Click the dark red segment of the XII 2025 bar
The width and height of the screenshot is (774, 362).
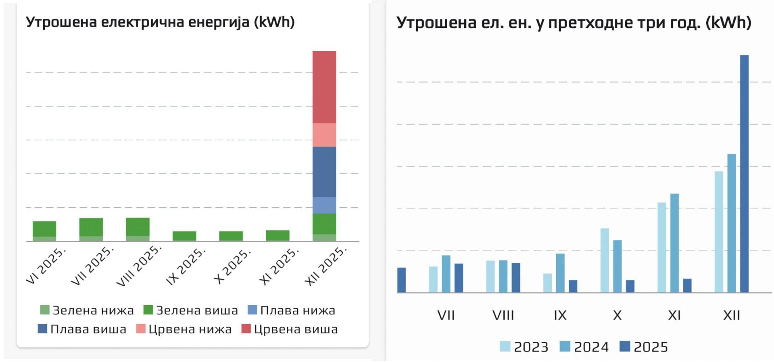[x=324, y=87]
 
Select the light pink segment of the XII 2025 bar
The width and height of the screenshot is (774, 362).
[x=324, y=135]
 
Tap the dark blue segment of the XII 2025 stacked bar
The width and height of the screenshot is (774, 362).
[x=324, y=172]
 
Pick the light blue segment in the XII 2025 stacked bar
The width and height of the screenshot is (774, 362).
[x=324, y=205]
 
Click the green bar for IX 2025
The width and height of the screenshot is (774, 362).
[x=184, y=236]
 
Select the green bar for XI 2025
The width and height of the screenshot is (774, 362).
[x=277, y=235]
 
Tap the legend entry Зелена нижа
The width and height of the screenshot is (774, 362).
[x=87, y=310]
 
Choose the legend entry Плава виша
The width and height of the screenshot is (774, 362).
[x=82, y=329]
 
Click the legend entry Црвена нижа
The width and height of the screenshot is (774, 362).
[x=184, y=329]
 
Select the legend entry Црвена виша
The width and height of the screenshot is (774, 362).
[x=290, y=329]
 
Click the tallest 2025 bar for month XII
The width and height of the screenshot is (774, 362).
[x=744, y=173]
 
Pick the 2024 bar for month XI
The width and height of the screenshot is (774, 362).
[x=674, y=243]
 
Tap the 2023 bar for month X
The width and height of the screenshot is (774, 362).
[x=605, y=260]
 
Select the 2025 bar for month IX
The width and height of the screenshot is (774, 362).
[x=573, y=286]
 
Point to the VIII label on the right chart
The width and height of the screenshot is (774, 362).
[x=503, y=315]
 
